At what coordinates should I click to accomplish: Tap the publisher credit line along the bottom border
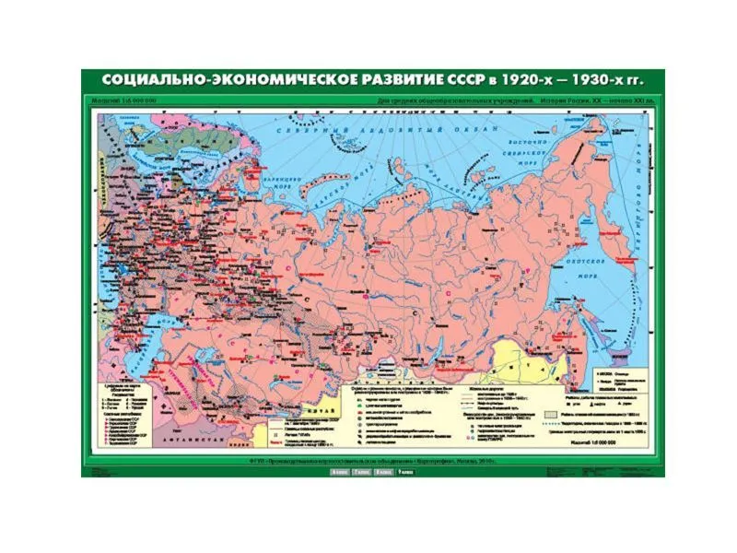pos(368,460)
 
